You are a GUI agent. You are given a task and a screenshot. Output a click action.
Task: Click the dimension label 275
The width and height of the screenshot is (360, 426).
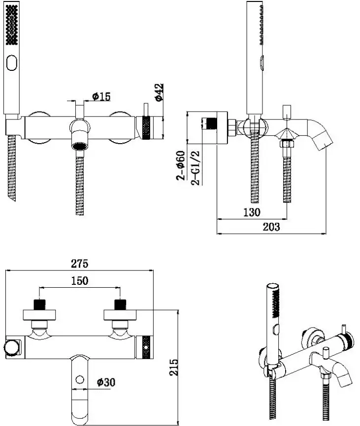79,264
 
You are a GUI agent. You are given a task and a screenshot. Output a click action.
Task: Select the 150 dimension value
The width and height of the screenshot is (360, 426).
79,281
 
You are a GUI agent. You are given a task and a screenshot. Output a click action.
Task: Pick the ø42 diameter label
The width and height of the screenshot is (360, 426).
159,92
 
